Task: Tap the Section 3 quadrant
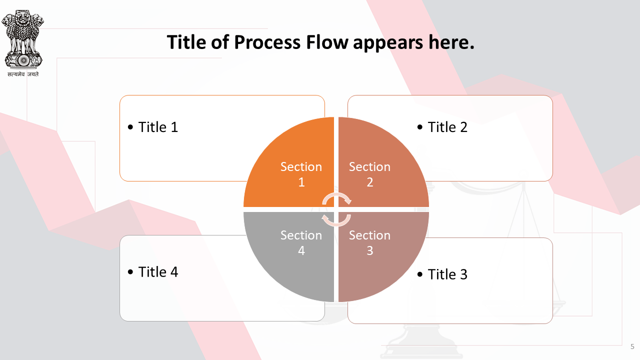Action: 377,251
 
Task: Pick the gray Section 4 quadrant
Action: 294,251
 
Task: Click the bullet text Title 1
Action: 158,127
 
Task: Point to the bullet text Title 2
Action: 447,127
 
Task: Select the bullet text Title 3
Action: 447,274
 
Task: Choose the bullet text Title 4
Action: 158,271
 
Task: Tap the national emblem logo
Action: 23,39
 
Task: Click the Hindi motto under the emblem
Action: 23,74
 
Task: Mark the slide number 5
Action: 632,346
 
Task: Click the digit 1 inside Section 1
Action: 301,182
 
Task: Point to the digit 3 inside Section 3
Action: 370,251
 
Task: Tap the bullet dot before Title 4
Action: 130,271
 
